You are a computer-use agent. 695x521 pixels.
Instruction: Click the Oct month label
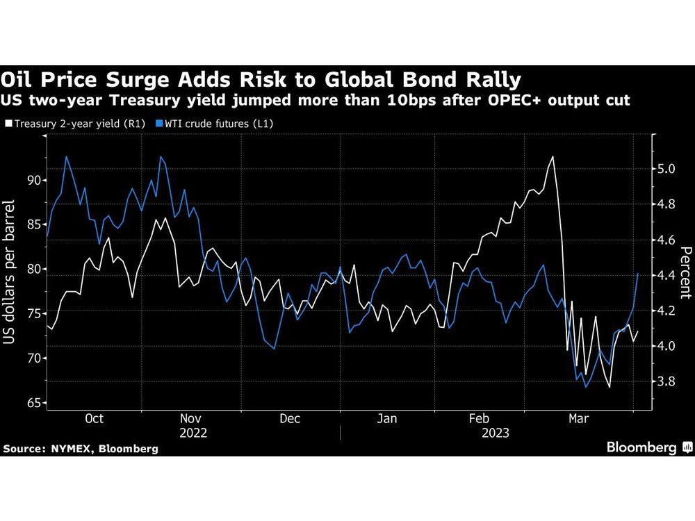tap(94, 418)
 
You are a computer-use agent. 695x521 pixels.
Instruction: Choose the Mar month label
tap(579, 418)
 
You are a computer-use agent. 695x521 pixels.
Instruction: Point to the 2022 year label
tap(192, 432)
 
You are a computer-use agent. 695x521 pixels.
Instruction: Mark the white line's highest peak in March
tap(553, 157)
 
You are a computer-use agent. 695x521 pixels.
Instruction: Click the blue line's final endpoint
tap(639, 274)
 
